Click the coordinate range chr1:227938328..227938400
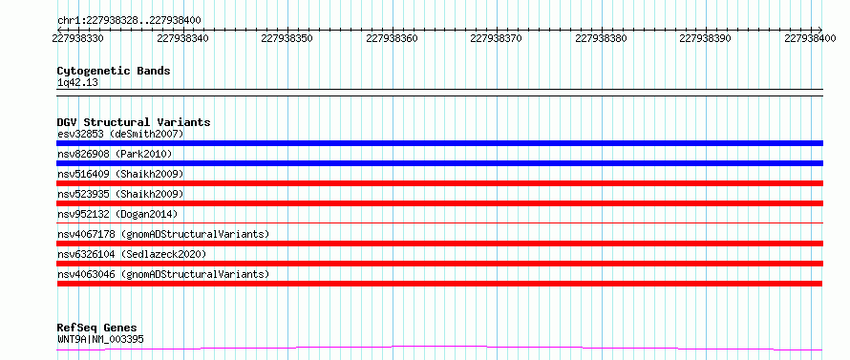pyautogui.click(x=129, y=21)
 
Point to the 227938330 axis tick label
pyautogui.click(x=78, y=38)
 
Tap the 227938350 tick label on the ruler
pyautogui.click(x=287, y=38)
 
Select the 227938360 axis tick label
pyautogui.click(x=392, y=38)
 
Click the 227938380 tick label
pyautogui.click(x=601, y=38)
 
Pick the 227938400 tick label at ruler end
pyautogui.click(x=811, y=38)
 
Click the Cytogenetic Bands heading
pyautogui.click(x=114, y=71)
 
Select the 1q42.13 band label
pyautogui.click(x=77, y=82)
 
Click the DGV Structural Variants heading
pyautogui.click(x=134, y=122)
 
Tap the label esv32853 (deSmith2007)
pyautogui.click(x=120, y=134)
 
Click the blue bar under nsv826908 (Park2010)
pyautogui.click(x=439, y=163)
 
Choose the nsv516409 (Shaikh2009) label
pyautogui.click(x=120, y=174)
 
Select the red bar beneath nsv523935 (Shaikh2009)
pyautogui.click(x=439, y=203)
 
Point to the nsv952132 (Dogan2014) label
pyautogui.click(x=117, y=214)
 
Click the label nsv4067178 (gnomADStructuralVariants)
pyautogui.click(x=163, y=234)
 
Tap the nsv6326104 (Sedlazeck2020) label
pyautogui.click(x=132, y=254)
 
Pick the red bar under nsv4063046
pyautogui.click(x=439, y=284)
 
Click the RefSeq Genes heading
pyautogui.click(x=97, y=328)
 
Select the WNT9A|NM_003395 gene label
pyautogui.click(x=100, y=340)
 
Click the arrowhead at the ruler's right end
pyautogui.click(x=820, y=30)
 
